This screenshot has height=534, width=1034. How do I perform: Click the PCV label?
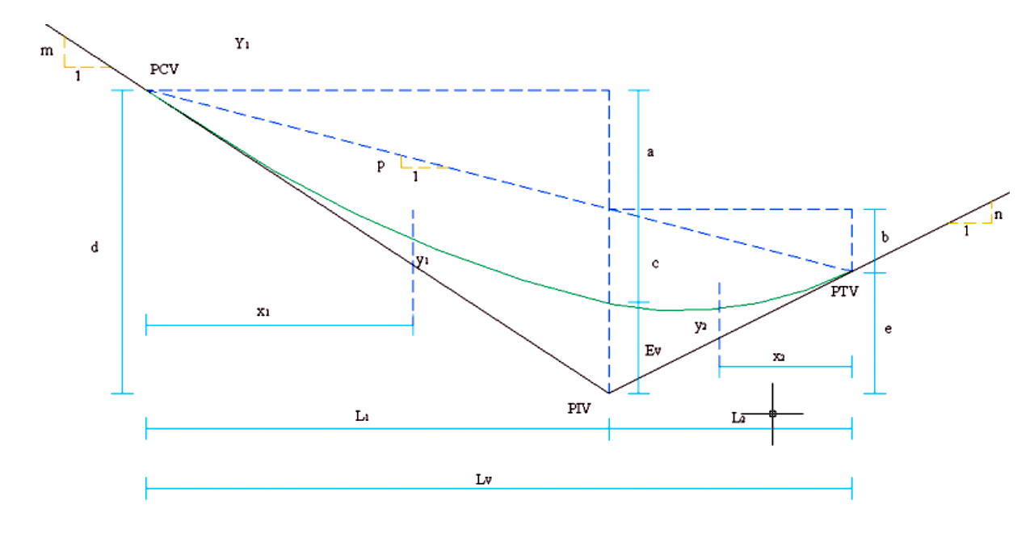(163, 70)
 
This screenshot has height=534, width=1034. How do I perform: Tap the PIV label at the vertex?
(579, 408)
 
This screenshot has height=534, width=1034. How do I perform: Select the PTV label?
(843, 292)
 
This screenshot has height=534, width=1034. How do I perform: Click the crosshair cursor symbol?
(772, 414)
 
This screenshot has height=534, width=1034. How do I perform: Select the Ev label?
(653, 350)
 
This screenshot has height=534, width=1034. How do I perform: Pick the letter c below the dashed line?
(655, 263)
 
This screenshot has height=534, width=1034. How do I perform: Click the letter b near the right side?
(885, 238)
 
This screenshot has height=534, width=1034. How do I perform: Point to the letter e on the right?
(888, 330)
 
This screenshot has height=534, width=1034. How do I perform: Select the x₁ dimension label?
(263, 310)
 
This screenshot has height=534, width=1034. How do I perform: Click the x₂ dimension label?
(777, 356)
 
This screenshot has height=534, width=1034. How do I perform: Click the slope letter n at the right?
(998, 215)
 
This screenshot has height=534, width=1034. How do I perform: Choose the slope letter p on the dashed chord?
(380, 164)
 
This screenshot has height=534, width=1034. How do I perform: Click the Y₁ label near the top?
(242, 44)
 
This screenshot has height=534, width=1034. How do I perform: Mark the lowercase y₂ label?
(700, 326)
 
